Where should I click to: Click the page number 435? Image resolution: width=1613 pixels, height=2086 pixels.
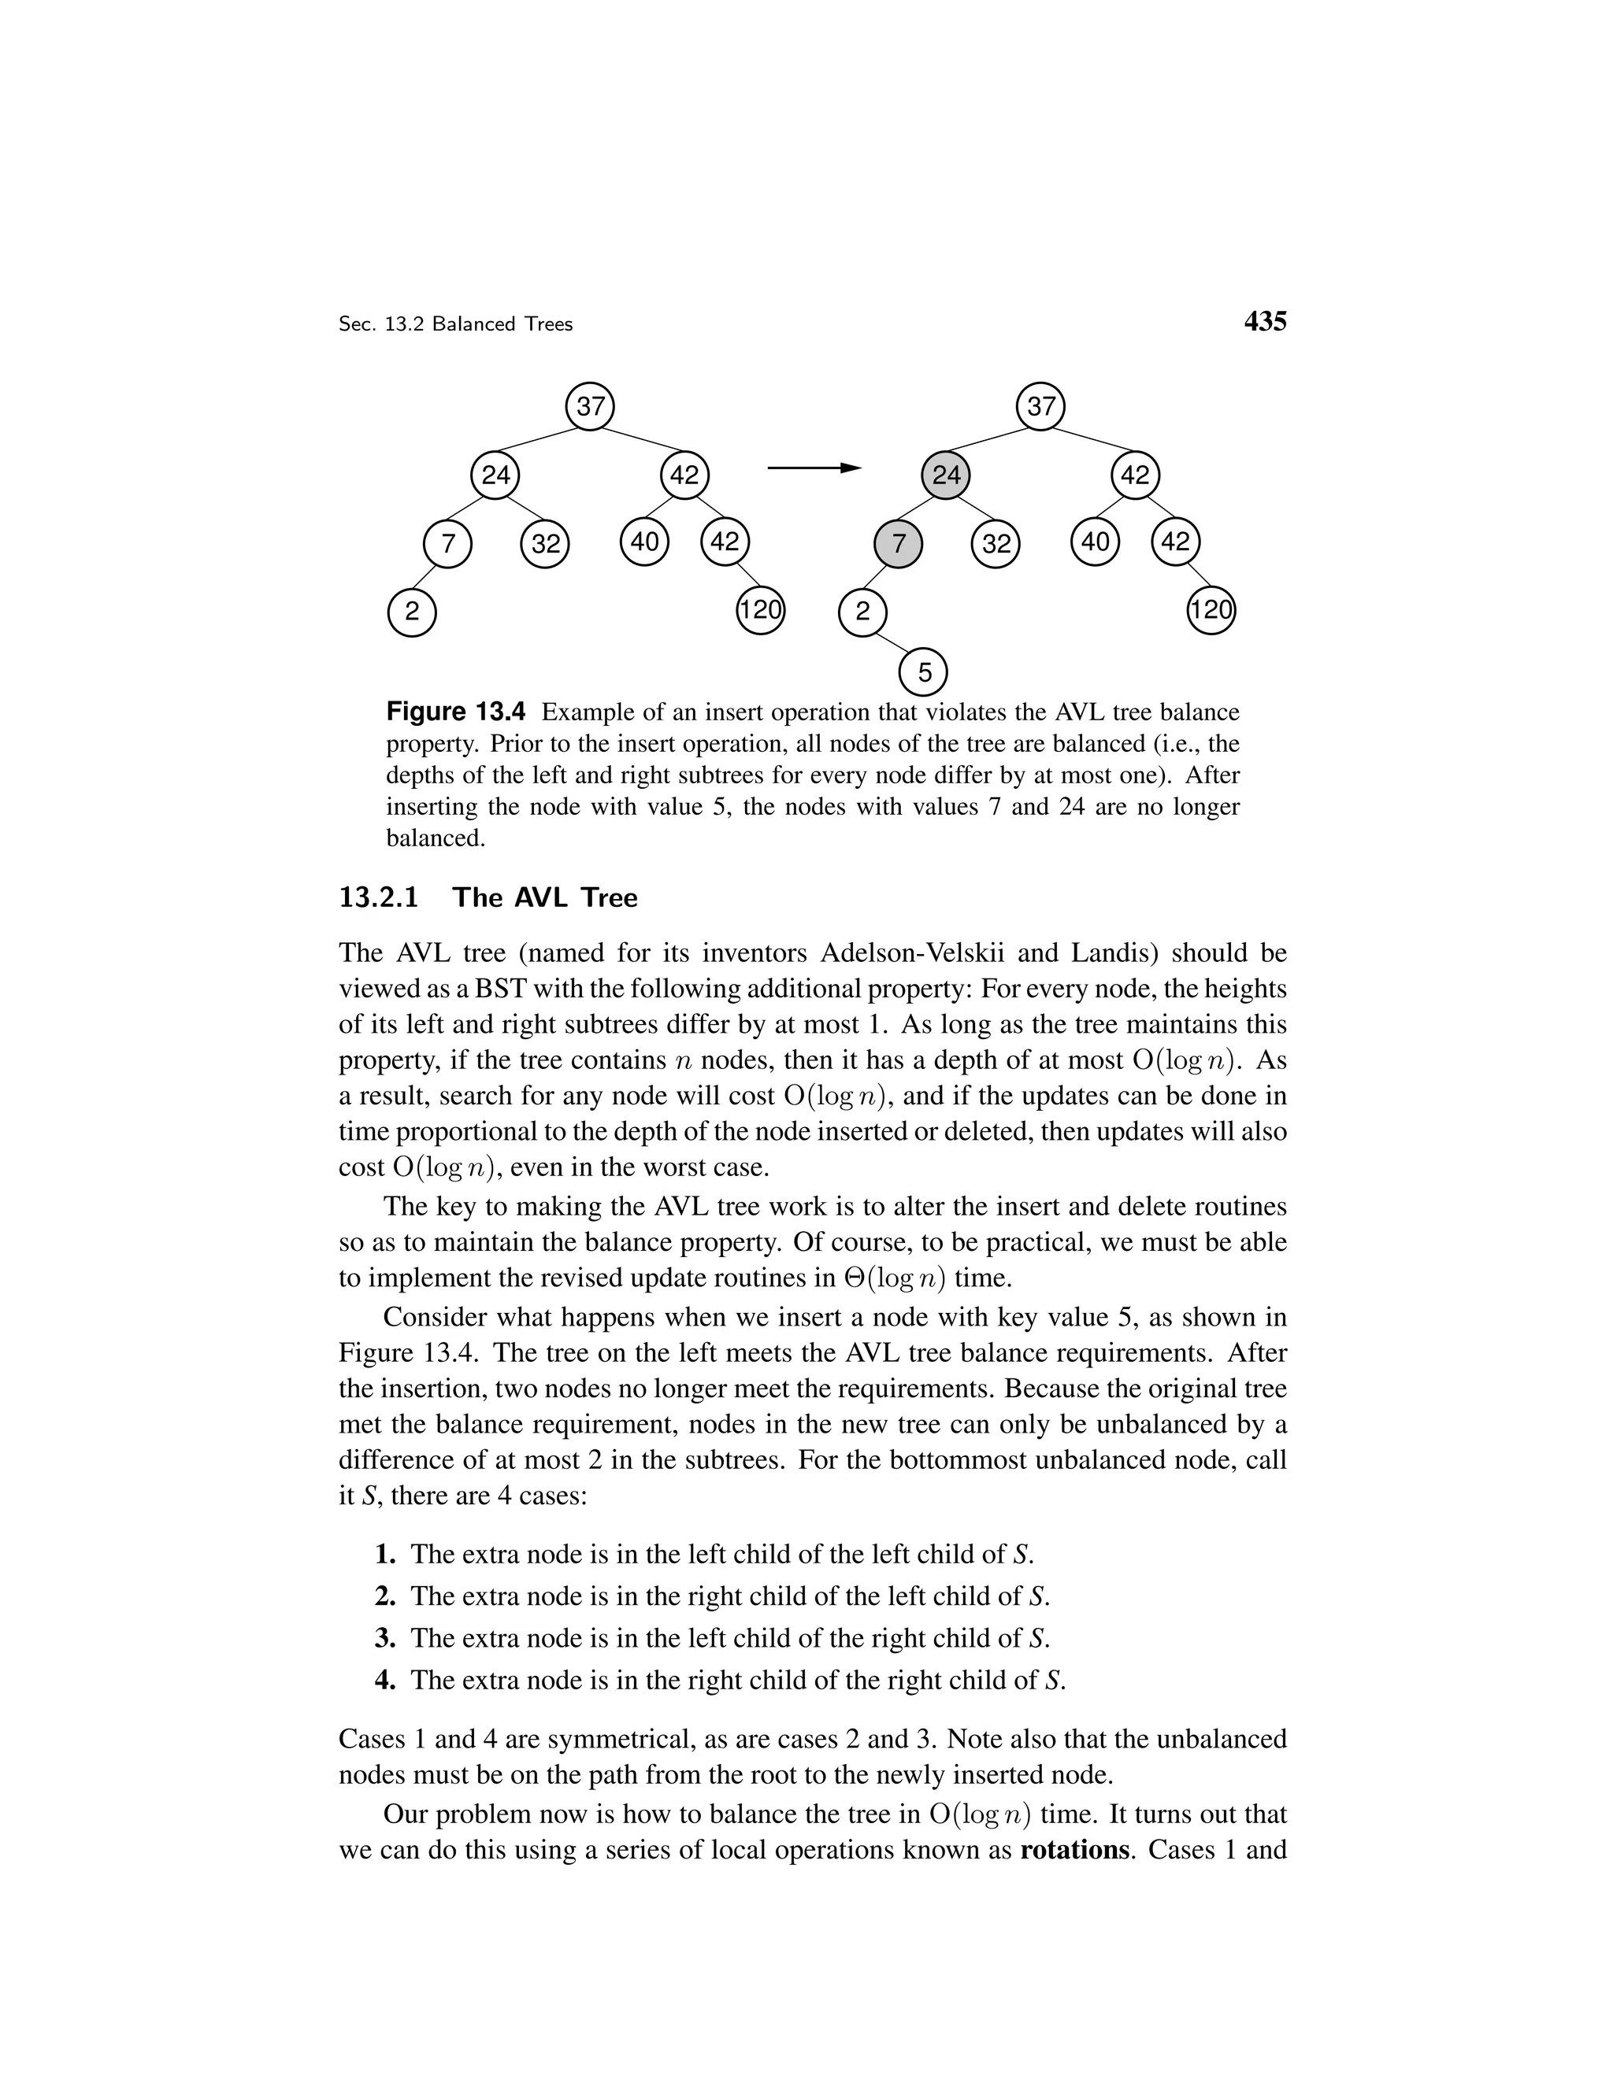point(1265,322)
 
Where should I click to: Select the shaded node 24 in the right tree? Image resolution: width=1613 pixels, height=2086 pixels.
point(945,475)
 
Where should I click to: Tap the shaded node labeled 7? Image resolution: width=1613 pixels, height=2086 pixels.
point(898,543)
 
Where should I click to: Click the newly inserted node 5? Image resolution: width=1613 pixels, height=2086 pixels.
point(923,673)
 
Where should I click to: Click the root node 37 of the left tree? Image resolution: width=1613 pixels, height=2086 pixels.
point(590,407)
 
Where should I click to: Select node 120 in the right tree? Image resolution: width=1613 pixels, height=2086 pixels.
point(1211,610)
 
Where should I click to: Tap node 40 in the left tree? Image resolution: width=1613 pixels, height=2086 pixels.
point(644,542)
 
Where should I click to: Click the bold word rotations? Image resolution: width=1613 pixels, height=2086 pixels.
point(1075,1850)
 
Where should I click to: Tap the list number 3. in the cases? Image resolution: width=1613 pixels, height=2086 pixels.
point(385,1638)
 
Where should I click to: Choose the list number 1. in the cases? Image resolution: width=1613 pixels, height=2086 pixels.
point(385,1554)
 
